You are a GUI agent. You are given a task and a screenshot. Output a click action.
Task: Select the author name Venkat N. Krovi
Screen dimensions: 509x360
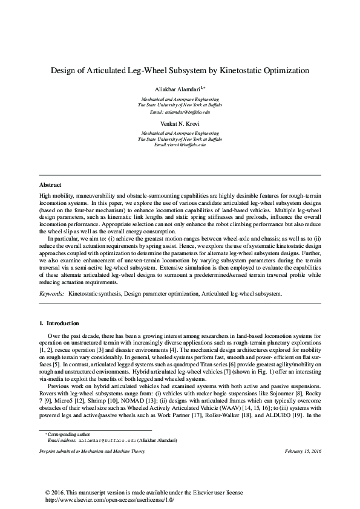(x=180, y=123)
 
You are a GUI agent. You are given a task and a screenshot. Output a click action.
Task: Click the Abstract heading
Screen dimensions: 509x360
(x=50, y=184)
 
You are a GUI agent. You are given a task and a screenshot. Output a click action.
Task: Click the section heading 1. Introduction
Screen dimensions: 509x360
(x=59, y=323)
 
